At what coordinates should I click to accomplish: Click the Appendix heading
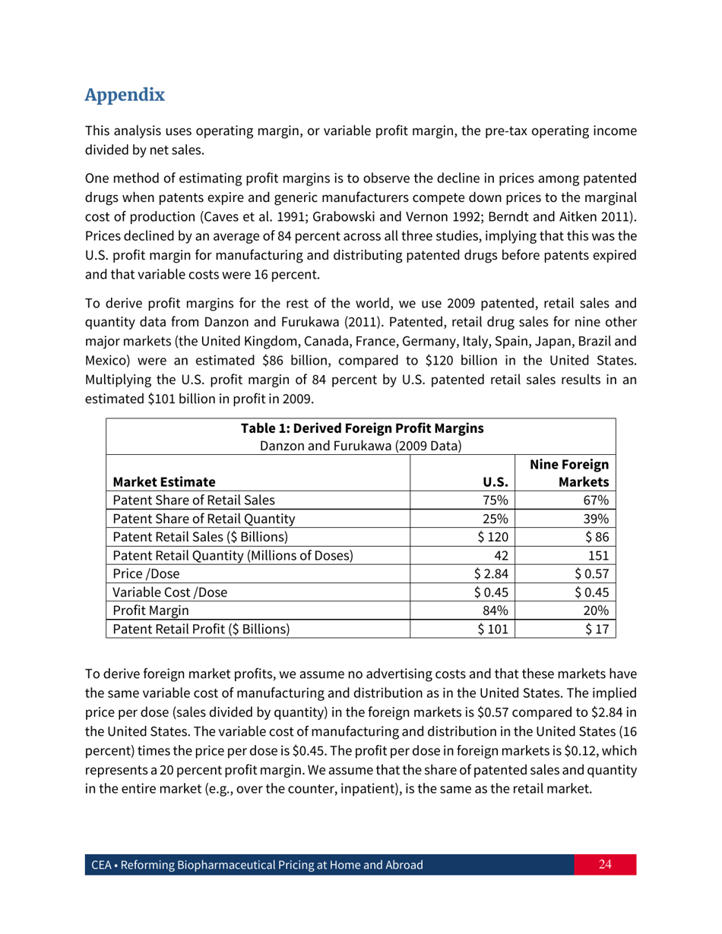pos(125,96)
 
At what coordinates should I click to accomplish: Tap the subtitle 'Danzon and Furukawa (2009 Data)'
pos(361,444)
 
